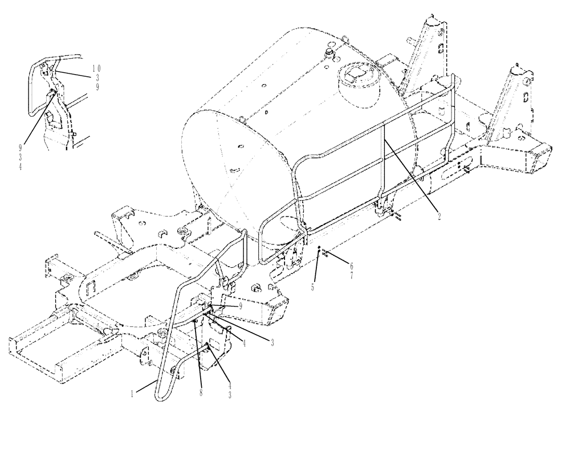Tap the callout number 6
click(x=352, y=266)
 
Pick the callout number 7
click(x=352, y=275)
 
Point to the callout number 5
click(x=313, y=287)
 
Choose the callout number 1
click(x=132, y=393)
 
